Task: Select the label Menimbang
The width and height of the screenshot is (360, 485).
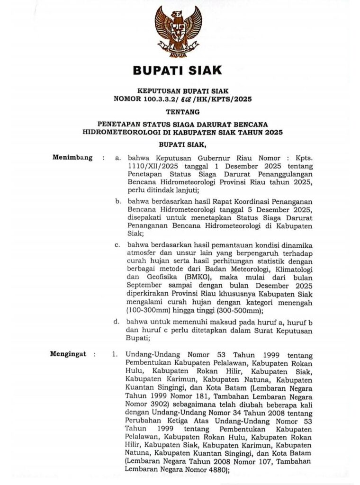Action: click(x=72, y=158)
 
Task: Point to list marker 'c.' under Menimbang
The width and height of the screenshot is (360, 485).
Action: click(x=118, y=245)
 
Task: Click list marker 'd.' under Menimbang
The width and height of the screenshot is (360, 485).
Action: click(x=118, y=322)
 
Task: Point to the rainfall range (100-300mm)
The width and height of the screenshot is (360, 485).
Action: click(x=150, y=311)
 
